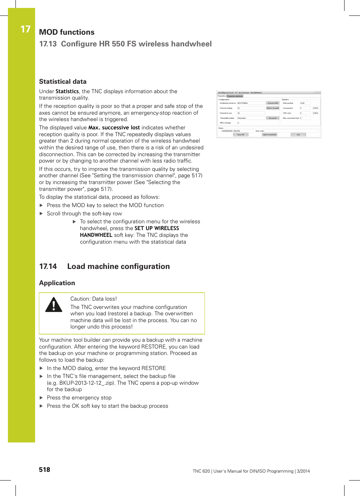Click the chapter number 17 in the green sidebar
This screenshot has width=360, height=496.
coord(25,29)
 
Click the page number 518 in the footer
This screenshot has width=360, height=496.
coord(45,470)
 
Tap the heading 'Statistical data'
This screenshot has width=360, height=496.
coord(63,81)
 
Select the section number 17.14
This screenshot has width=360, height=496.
coord(48,266)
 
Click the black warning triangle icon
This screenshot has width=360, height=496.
coord(54,305)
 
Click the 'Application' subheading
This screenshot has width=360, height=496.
coord(57,283)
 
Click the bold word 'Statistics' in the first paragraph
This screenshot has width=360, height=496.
coord(67,91)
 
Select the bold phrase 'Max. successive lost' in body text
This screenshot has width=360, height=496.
coord(114,127)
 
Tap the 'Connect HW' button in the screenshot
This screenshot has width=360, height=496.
coord(272,103)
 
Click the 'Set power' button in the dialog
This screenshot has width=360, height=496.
coord(272,118)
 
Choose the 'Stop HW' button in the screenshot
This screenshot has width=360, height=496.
coord(240,135)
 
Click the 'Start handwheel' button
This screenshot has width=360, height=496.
coord(269,135)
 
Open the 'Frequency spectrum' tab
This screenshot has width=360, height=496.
coord(235,96)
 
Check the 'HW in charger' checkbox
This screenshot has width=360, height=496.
coord(238,123)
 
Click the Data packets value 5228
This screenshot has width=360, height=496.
coord(305,103)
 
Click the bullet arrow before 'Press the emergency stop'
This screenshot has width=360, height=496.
coord(42,398)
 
